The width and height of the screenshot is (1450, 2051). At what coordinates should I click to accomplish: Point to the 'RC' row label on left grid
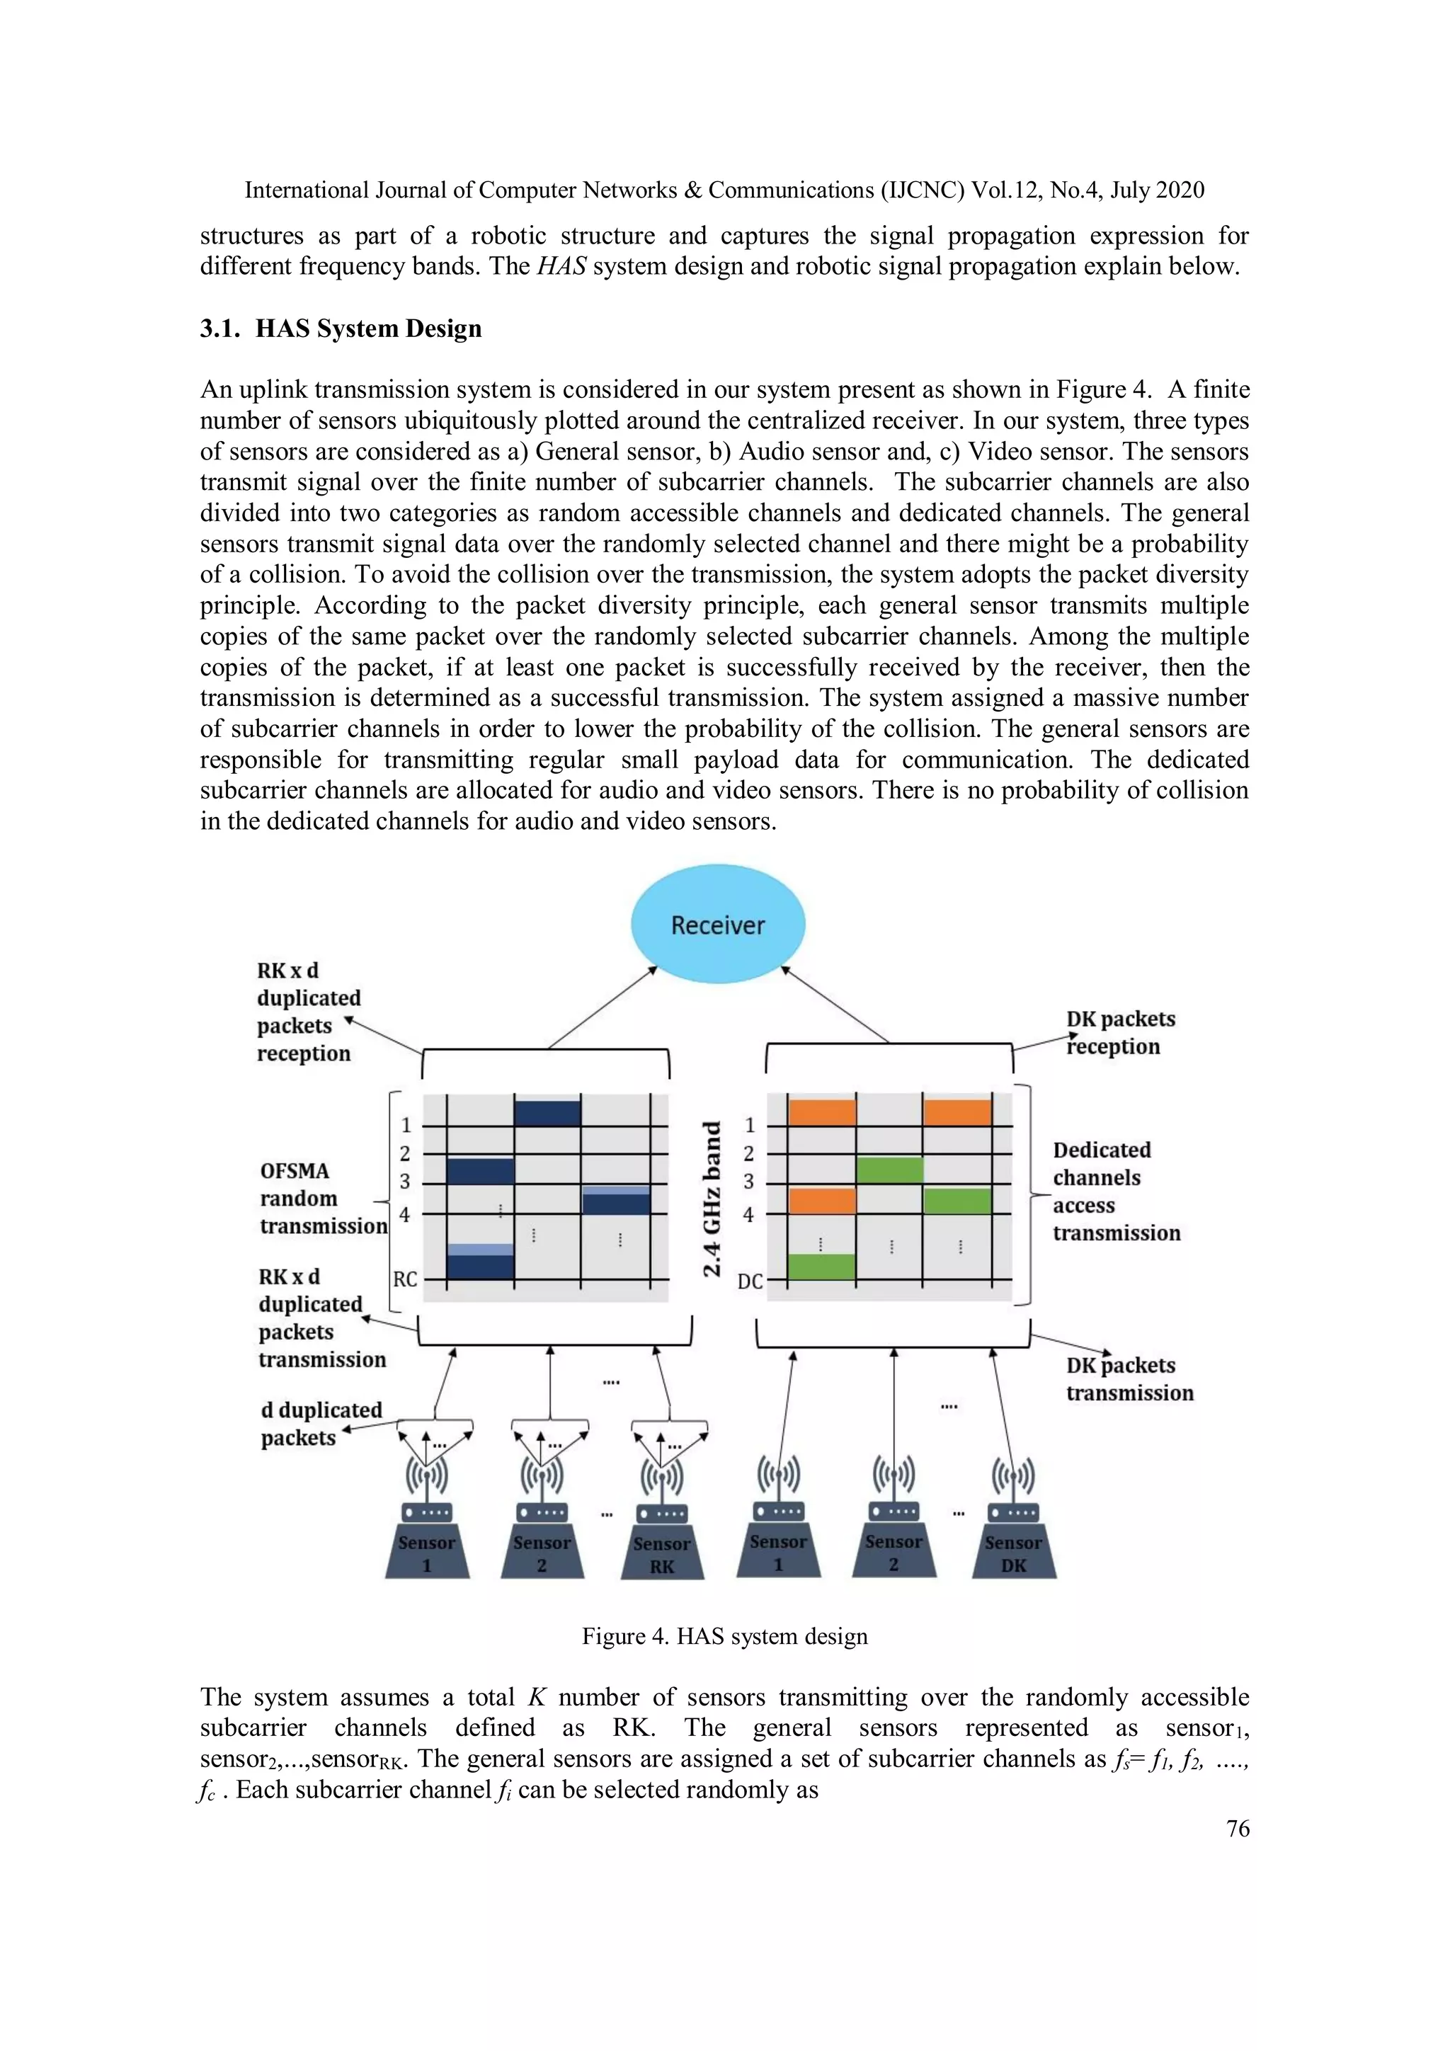[405, 1279]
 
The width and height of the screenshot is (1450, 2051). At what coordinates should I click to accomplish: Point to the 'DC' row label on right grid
[750, 1281]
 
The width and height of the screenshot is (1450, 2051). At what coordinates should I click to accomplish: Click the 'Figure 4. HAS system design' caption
[724, 1635]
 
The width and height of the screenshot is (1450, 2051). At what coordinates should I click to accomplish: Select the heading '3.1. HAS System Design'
[341, 328]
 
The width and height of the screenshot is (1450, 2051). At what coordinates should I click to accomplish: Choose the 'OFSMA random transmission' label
[323, 1198]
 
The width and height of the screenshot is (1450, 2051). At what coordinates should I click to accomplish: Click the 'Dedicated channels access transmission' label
[1116, 1191]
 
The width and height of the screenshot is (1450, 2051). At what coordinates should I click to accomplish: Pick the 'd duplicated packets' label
[321, 1423]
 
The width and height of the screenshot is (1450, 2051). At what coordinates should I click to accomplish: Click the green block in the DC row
[822, 1266]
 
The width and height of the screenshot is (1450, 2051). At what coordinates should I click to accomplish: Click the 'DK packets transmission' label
[1129, 1378]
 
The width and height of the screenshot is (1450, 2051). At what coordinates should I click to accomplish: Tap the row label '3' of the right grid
[748, 1181]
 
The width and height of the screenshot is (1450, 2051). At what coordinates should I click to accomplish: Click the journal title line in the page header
[724, 190]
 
